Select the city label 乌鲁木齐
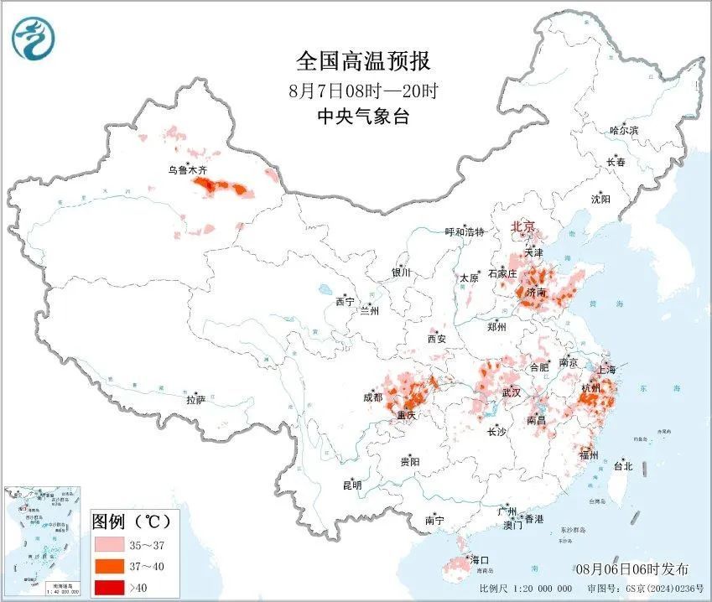pos(187,170)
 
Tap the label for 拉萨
pos(195,400)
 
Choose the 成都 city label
pos(372,397)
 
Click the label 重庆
pos(407,416)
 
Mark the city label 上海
pos(606,369)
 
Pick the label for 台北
pos(623,466)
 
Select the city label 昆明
pos(351,485)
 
